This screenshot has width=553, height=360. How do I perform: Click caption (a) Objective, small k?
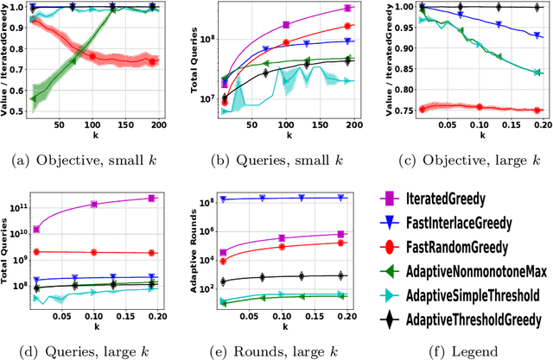[92, 161]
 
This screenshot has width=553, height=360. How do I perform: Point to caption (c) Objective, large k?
[462, 161]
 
